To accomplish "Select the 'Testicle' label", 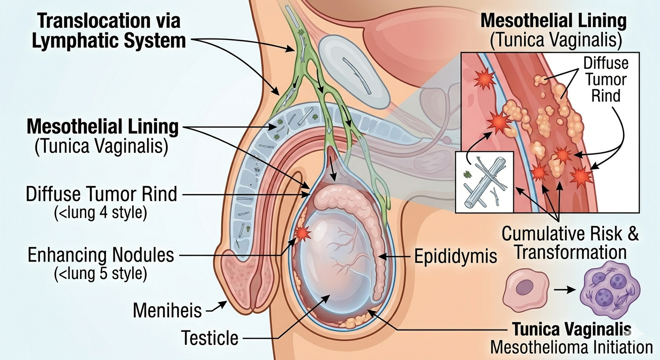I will (210, 337).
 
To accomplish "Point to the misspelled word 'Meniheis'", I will (167, 310).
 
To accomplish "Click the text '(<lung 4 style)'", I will (101, 213).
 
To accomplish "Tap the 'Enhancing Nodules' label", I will (101, 256).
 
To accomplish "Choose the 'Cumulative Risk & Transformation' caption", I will (570, 243).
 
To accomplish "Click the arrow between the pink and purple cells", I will (564, 290).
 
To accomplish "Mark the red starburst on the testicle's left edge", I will (302, 232).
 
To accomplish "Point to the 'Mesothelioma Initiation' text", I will (571, 347).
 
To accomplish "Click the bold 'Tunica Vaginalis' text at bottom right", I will (571, 330).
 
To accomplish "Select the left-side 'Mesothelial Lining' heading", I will (103, 127).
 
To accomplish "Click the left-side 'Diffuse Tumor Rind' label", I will (102, 194).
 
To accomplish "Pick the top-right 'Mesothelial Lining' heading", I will (554, 21).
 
